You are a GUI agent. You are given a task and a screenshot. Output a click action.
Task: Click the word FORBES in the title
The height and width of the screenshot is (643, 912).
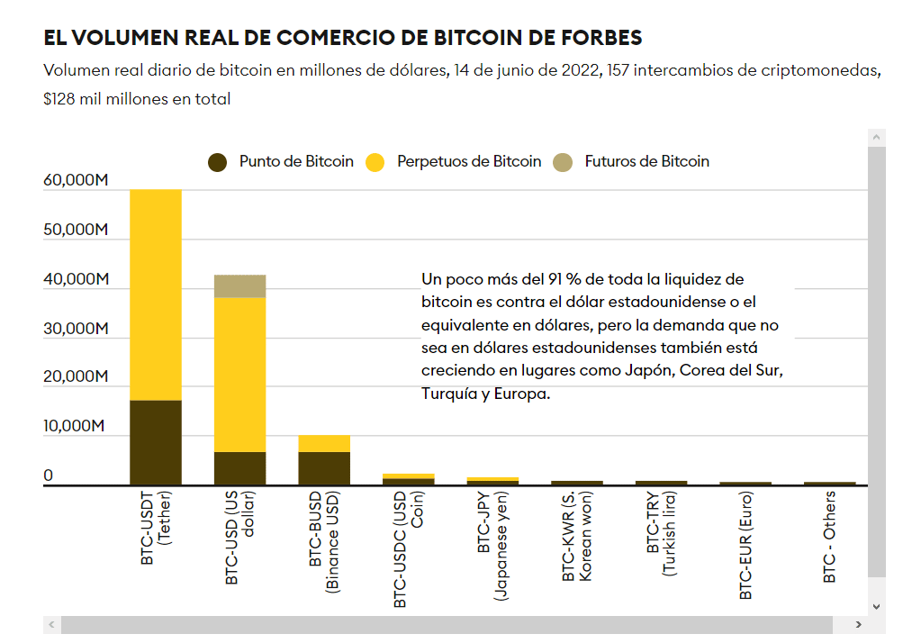tap(594, 38)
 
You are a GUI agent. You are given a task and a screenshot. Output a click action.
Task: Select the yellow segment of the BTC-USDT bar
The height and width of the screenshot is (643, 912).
tap(156, 294)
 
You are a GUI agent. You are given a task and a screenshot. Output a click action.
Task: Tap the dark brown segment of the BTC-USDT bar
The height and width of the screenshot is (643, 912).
tap(156, 442)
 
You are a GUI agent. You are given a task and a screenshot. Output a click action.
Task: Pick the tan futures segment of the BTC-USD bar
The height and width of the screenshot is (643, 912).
tap(239, 285)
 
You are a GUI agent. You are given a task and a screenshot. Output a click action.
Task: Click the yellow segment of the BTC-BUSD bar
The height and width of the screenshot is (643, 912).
tap(324, 443)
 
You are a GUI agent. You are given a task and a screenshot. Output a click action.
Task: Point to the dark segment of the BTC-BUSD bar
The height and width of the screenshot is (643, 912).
tap(324, 467)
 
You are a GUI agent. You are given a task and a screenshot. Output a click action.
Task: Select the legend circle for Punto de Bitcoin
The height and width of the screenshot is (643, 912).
tap(218, 162)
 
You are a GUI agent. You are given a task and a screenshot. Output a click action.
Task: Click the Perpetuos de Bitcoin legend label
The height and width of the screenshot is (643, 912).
tap(469, 162)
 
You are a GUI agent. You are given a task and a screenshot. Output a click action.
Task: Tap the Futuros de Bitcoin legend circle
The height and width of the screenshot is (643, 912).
tap(564, 162)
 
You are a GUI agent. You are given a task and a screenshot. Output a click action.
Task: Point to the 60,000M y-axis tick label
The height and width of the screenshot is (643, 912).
tap(76, 180)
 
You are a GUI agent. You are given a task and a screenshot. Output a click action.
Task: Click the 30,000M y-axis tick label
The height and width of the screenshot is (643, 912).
tap(76, 328)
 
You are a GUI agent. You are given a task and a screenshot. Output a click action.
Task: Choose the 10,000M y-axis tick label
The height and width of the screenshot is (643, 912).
tap(76, 426)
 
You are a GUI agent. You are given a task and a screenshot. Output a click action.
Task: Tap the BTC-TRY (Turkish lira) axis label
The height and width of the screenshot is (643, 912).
tap(661, 535)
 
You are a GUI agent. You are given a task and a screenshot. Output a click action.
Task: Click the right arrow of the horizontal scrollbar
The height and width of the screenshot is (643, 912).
tap(859, 625)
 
